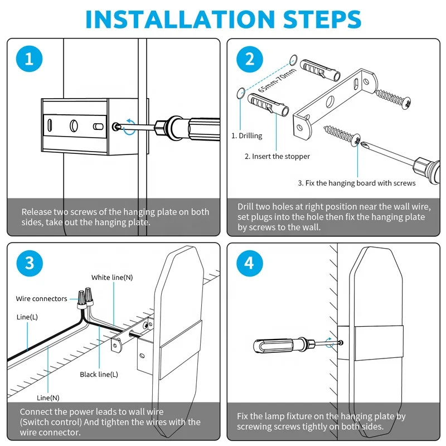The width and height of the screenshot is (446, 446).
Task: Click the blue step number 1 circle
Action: (x=30, y=59)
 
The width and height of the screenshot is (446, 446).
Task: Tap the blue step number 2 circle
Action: (x=249, y=59)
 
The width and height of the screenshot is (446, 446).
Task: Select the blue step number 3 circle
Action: (x=30, y=263)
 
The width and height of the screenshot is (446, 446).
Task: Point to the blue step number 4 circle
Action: (x=249, y=263)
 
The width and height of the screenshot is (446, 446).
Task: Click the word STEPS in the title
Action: (x=322, y=19)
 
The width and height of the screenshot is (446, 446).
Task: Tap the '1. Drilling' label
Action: (x=246, y=135)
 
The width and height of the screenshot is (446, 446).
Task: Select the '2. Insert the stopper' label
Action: (x=277, y=157)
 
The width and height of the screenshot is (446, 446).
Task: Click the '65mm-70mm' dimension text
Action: (x=277, y=80)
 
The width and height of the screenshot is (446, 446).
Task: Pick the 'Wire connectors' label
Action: (x=41, y=299)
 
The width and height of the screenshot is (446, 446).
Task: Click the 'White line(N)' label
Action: (x=112, y=277)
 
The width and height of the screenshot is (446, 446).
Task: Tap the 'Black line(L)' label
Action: (x=99, y=374)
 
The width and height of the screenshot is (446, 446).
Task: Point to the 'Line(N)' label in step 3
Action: (x=48, y=397)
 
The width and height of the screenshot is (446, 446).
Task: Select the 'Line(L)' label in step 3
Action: (x=27, y=317)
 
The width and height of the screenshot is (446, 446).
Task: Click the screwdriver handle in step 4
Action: (x=275, y=346)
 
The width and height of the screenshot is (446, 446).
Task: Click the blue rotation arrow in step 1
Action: (x=129, y=127)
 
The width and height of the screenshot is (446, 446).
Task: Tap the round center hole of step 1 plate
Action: (x=74, y=125)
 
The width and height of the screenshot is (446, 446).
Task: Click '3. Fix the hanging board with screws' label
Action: (x=357, y=183)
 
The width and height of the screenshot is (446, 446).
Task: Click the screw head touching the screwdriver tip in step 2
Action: (x=356, y=140)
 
